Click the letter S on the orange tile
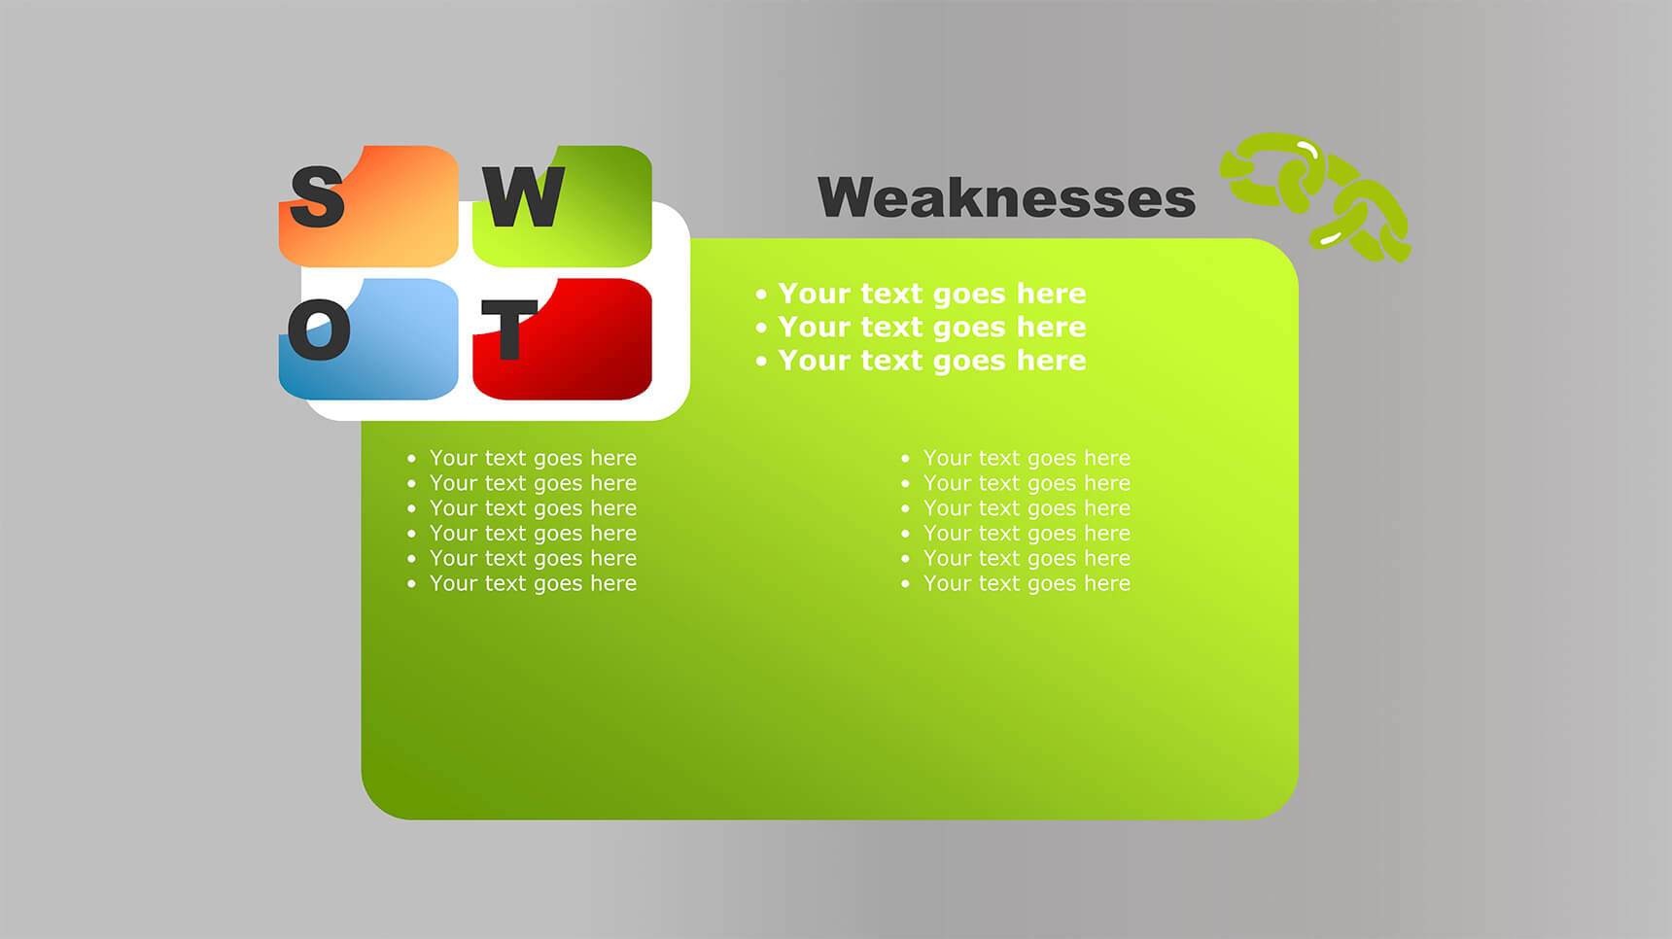tap(318, 197)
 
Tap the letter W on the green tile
tap(524, 196)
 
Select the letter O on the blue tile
tap(319, 330)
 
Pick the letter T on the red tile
tap(509, 330)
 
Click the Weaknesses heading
tap(1006, 197)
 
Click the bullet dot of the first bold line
tap(761, 294)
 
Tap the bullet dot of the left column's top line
tap(411, 458)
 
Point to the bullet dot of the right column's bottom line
tap(905, 583)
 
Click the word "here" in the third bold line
tap(1051, 360)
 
